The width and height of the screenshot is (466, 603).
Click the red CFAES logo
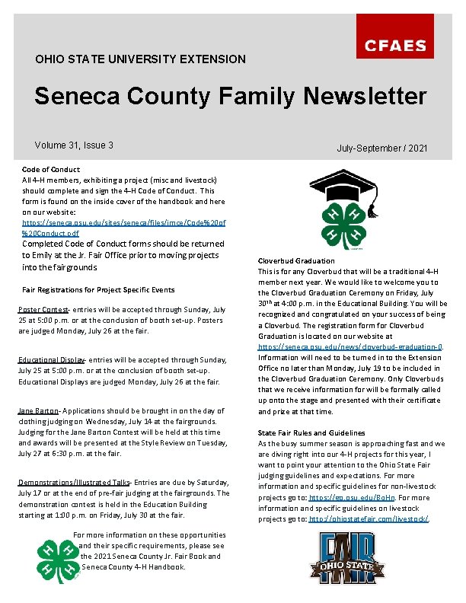coord(394,46)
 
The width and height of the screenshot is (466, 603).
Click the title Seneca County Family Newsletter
coord(230,97)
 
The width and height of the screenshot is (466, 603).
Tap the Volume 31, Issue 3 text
coord(74,145)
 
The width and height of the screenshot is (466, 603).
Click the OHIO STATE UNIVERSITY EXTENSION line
coord(140,59)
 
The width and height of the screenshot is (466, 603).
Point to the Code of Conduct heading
coord(51,169)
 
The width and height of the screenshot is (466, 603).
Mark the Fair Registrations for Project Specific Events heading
coord(98,289)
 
